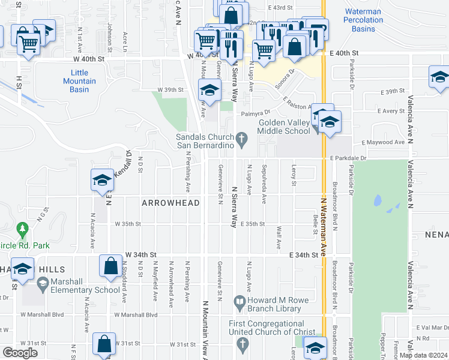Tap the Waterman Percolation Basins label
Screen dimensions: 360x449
pyautogui.click(x=363, y=20)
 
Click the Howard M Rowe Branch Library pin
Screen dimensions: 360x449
pyautogui.click(x=239, y=301)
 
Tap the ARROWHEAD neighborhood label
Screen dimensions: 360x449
pyautogui.click(x=170, y=203)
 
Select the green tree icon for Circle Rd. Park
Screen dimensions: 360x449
pyautogui.click(x=23, y=229)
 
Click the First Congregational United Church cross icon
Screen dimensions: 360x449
pyautogui.click(x=243, y=344)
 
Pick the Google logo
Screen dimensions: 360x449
pyautogui.click(x=20, y=352)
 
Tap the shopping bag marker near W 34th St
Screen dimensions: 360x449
pyautogui.click(x=110, y=266)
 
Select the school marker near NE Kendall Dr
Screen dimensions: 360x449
pyautogui.click(x=102, y=179)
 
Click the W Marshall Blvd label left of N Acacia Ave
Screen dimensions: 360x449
pyautogui.click(x=42, y=314)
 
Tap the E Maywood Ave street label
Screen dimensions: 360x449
pyautogui.click(x=383, y=142)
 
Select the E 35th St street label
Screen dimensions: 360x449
pyautogui.click(x=253, y=224)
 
